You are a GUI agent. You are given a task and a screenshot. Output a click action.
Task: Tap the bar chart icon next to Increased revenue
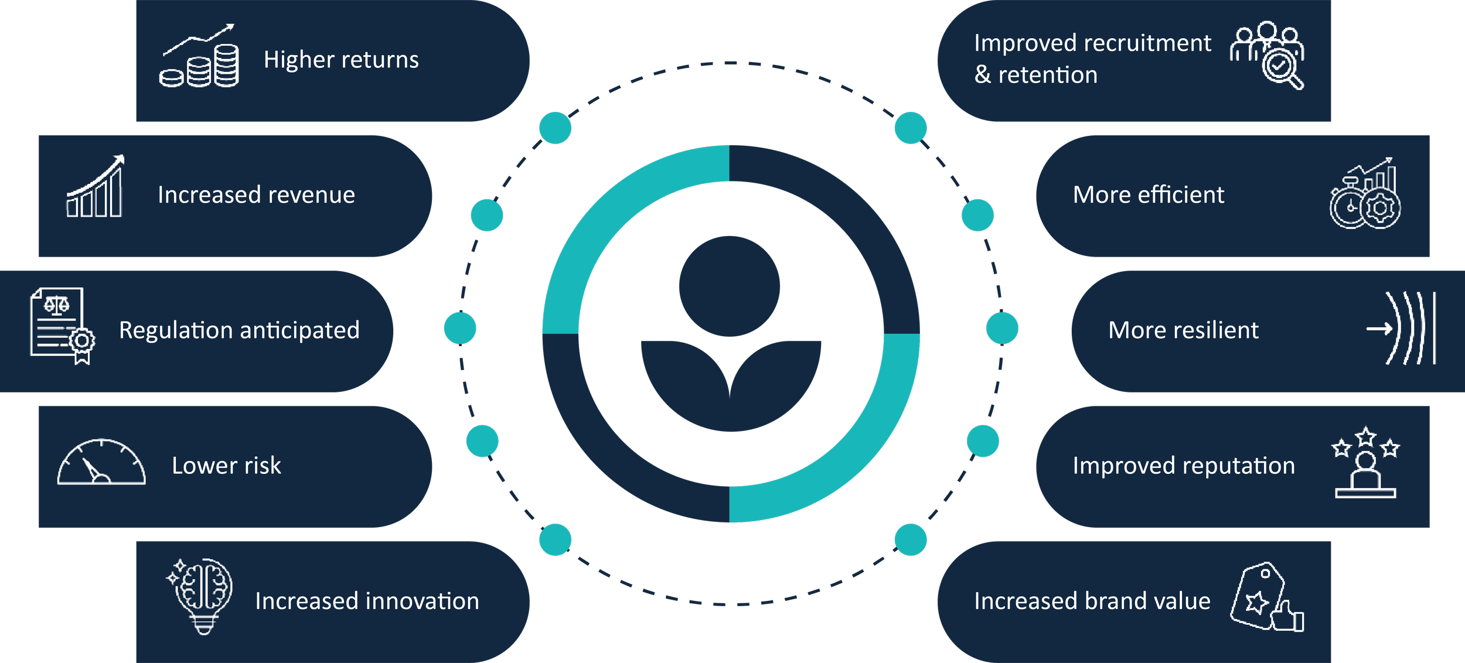tap(95, 187)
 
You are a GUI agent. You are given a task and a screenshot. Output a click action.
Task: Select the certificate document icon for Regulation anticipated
tap(62, 325)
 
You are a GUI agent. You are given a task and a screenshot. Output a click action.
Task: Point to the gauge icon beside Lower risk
tap(101, 463)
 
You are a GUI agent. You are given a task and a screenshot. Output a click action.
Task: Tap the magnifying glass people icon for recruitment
tap(1268, 54)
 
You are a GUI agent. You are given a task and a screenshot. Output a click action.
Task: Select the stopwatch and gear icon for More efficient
tap(1365, 194)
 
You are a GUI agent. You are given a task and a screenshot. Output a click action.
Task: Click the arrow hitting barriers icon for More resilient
tap(1401, 329)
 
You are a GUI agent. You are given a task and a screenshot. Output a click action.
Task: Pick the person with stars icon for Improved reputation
tap(1365, 463)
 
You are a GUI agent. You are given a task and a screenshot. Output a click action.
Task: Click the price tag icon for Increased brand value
tap(1266, 598)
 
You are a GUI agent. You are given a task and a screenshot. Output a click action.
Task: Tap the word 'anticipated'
tap(299, 331)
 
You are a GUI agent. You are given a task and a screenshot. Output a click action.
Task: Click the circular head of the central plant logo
tap(730, 286)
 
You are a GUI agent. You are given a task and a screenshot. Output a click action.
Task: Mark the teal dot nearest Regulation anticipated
tap(460, 328)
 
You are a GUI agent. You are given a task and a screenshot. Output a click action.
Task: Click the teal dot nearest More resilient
tap(1002, 328)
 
